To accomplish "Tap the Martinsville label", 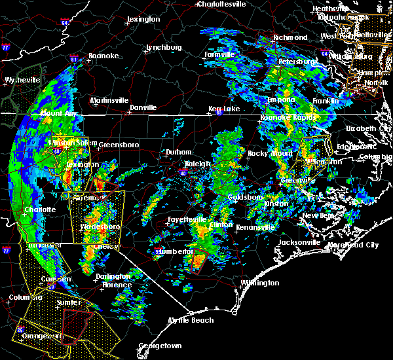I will [x=109, y=100].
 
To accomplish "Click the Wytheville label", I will [x=20, y=80].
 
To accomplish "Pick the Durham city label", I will [x=178, y=152].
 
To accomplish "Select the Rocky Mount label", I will [x=270, y=153].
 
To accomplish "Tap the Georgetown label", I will [x=160, y=346].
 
